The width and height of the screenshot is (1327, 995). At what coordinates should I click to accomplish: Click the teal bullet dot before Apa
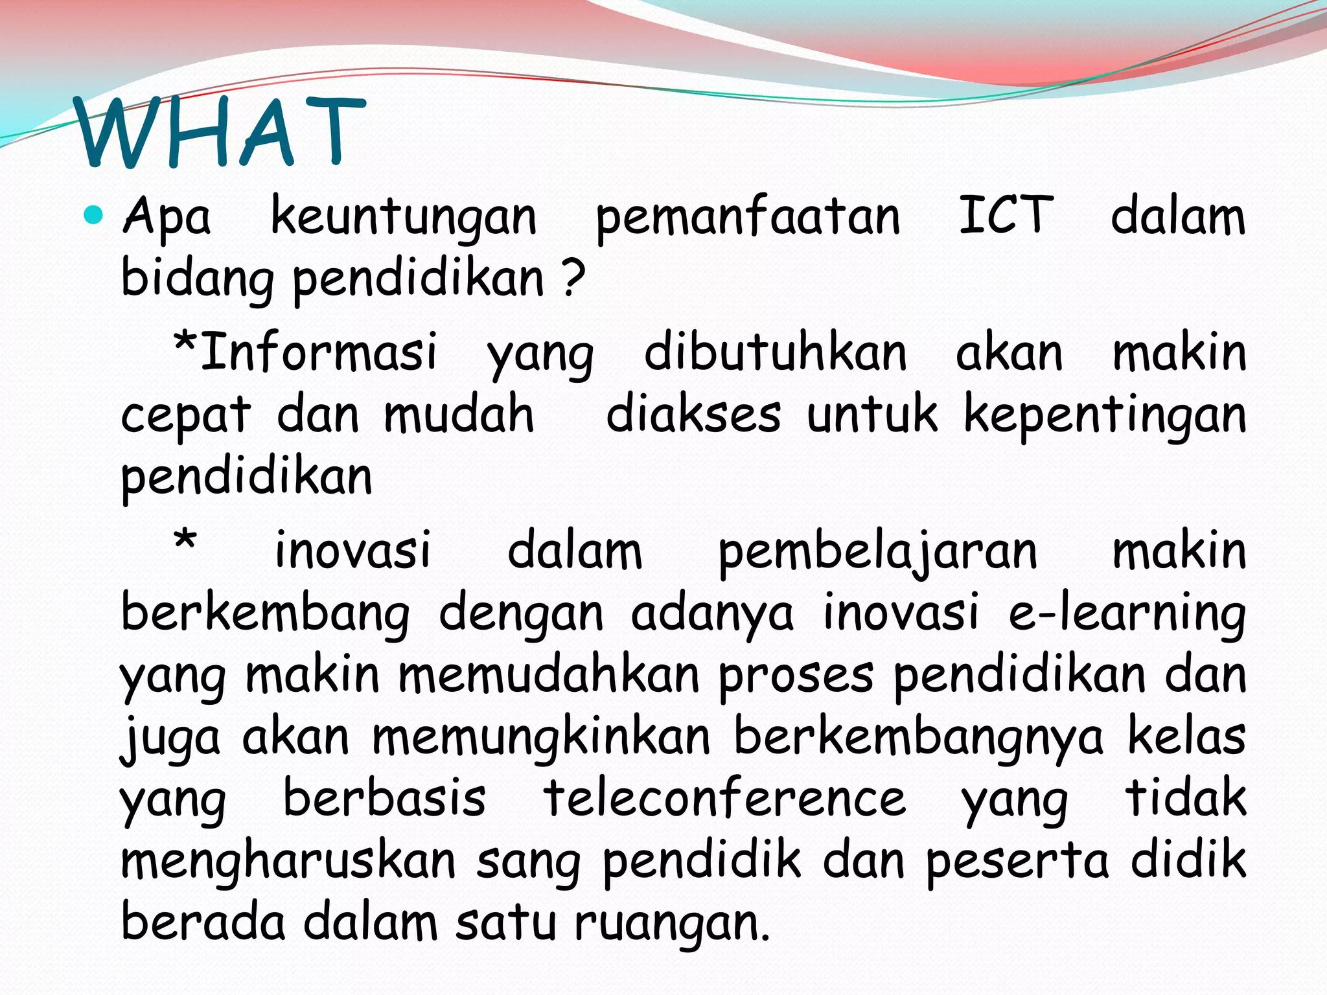[94, 214]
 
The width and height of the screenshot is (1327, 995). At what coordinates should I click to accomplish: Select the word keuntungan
[403, 217]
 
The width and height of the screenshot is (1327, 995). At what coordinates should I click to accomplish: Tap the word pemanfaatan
[748, 217]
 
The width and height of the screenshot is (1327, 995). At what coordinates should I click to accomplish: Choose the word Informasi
[319, 352]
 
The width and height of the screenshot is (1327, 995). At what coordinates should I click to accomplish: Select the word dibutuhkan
[775, 353]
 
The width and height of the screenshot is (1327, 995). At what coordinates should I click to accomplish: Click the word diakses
[693, 415]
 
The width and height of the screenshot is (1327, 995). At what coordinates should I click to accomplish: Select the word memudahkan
[549, 675]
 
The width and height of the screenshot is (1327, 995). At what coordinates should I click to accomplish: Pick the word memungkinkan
[541, 737]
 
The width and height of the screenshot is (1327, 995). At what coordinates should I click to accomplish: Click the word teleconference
[724, 798]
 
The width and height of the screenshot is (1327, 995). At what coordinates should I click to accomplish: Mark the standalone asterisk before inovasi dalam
[185, 540]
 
